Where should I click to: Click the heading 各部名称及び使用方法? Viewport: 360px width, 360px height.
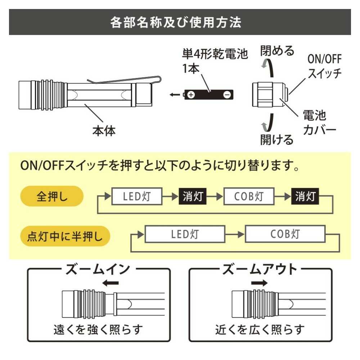(176, 22)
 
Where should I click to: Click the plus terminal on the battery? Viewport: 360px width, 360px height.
(191, 95)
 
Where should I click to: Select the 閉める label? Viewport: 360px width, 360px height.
(277, 51)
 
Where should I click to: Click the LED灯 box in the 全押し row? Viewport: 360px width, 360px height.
(136, 197)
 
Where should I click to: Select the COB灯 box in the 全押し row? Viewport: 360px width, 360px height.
(249, 197)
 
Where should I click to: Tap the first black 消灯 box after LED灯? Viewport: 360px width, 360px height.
(193, 197)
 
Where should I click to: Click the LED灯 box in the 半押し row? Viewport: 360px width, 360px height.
(185, 234)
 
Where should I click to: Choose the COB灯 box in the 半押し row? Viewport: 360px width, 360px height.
(285, 234)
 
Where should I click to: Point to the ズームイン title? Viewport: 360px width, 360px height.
(97, 269)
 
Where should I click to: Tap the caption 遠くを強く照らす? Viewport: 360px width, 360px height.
(98, 329)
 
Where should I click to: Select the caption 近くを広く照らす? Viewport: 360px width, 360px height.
(260, 329)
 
